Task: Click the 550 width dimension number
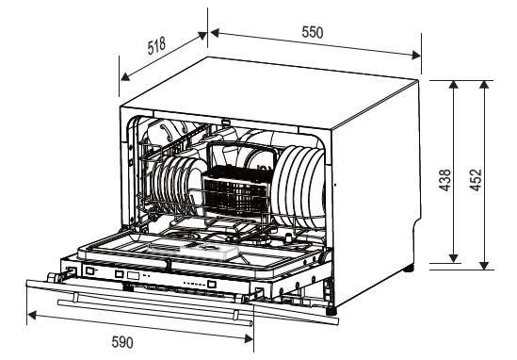(x=312, y=32)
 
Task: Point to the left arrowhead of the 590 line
(x=30, y=312)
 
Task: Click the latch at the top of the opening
(x=226, y=121)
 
